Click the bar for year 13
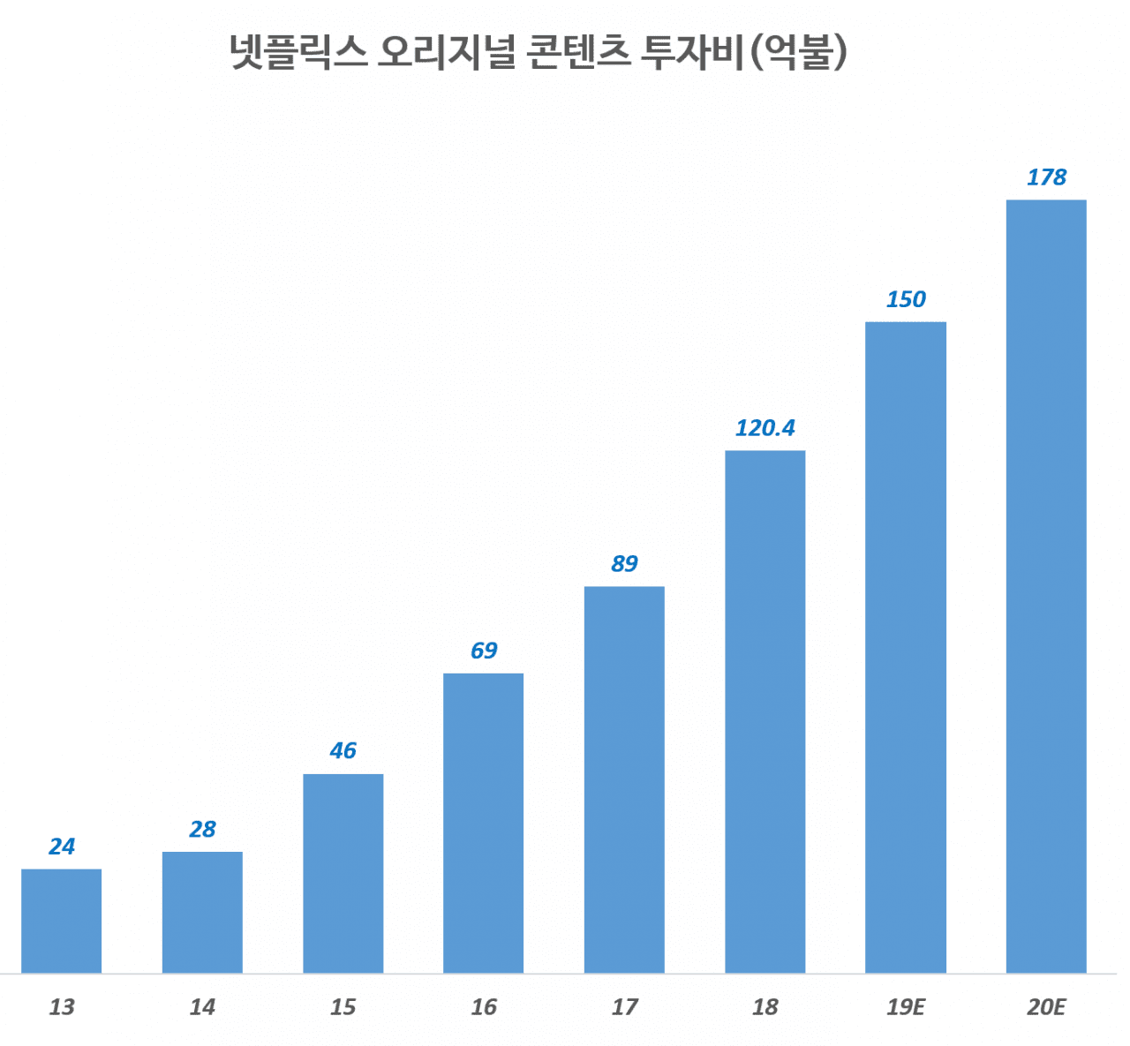click(61, 921)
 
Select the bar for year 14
click(202, 912)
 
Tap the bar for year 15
click(343, 873)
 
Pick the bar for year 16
click(483, 823)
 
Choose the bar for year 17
click(624, 779)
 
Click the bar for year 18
click(765, 711)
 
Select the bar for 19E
click(906, 647)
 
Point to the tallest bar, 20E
click(1046, 586)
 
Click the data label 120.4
click(765, 428)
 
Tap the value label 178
click(1046, 177)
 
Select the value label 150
click(906, 299)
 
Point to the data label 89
click(624, 564)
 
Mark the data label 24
click(61, 847)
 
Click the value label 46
click(343, 750)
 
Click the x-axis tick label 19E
click(906, 1006)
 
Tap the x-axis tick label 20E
click(1046, 1006)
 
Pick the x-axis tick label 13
click(61, 1006)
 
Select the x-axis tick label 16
click(483, 1006)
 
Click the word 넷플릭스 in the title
click(298, 52)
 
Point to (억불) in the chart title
click(798, 52)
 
